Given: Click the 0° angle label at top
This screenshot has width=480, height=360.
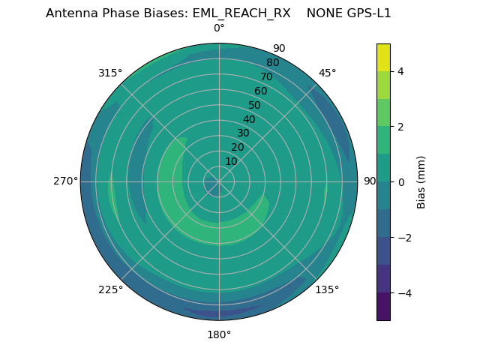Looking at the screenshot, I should [x=219, y=28].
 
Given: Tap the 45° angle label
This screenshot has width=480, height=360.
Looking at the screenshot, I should [x=327, y=73].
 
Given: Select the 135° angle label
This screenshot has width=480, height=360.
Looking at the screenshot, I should [x=327, y=289].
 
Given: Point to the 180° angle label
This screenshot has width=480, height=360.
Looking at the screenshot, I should [x=219, y=334].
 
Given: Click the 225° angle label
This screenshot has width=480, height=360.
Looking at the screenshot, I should [x=110, y=290].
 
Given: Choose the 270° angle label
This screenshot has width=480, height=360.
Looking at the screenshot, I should [x=65, y=181].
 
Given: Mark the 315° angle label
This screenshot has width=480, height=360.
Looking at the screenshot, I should [x=110, y=73].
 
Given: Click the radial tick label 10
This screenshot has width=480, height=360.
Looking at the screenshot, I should [x=231, y=161].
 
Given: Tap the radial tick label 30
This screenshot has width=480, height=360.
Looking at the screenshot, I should [x=243, y=133].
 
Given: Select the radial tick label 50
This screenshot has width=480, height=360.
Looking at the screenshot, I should [x=254, y=106].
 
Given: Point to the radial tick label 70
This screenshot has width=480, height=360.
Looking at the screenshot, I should [x=266, y=77].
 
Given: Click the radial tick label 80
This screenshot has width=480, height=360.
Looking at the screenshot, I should [x=272, y=63].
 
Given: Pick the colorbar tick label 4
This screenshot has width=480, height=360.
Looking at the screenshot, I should [x=400, y=71].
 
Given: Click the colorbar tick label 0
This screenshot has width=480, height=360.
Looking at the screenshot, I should [x=400, y=181].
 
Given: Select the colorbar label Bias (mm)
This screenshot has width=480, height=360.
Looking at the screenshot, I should [x=421, y=181].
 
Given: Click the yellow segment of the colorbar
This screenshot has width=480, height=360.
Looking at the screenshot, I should [x=383, y=57].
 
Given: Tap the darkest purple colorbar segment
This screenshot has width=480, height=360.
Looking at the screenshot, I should [x=383, y=306].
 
